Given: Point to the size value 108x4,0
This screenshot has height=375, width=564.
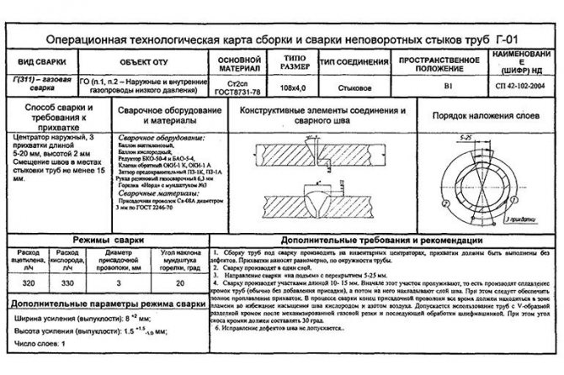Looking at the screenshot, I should point(277,87).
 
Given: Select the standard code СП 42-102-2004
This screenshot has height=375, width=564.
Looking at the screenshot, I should point(519,87).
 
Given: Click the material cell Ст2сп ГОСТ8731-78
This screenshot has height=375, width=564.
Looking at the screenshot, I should point(228,87).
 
